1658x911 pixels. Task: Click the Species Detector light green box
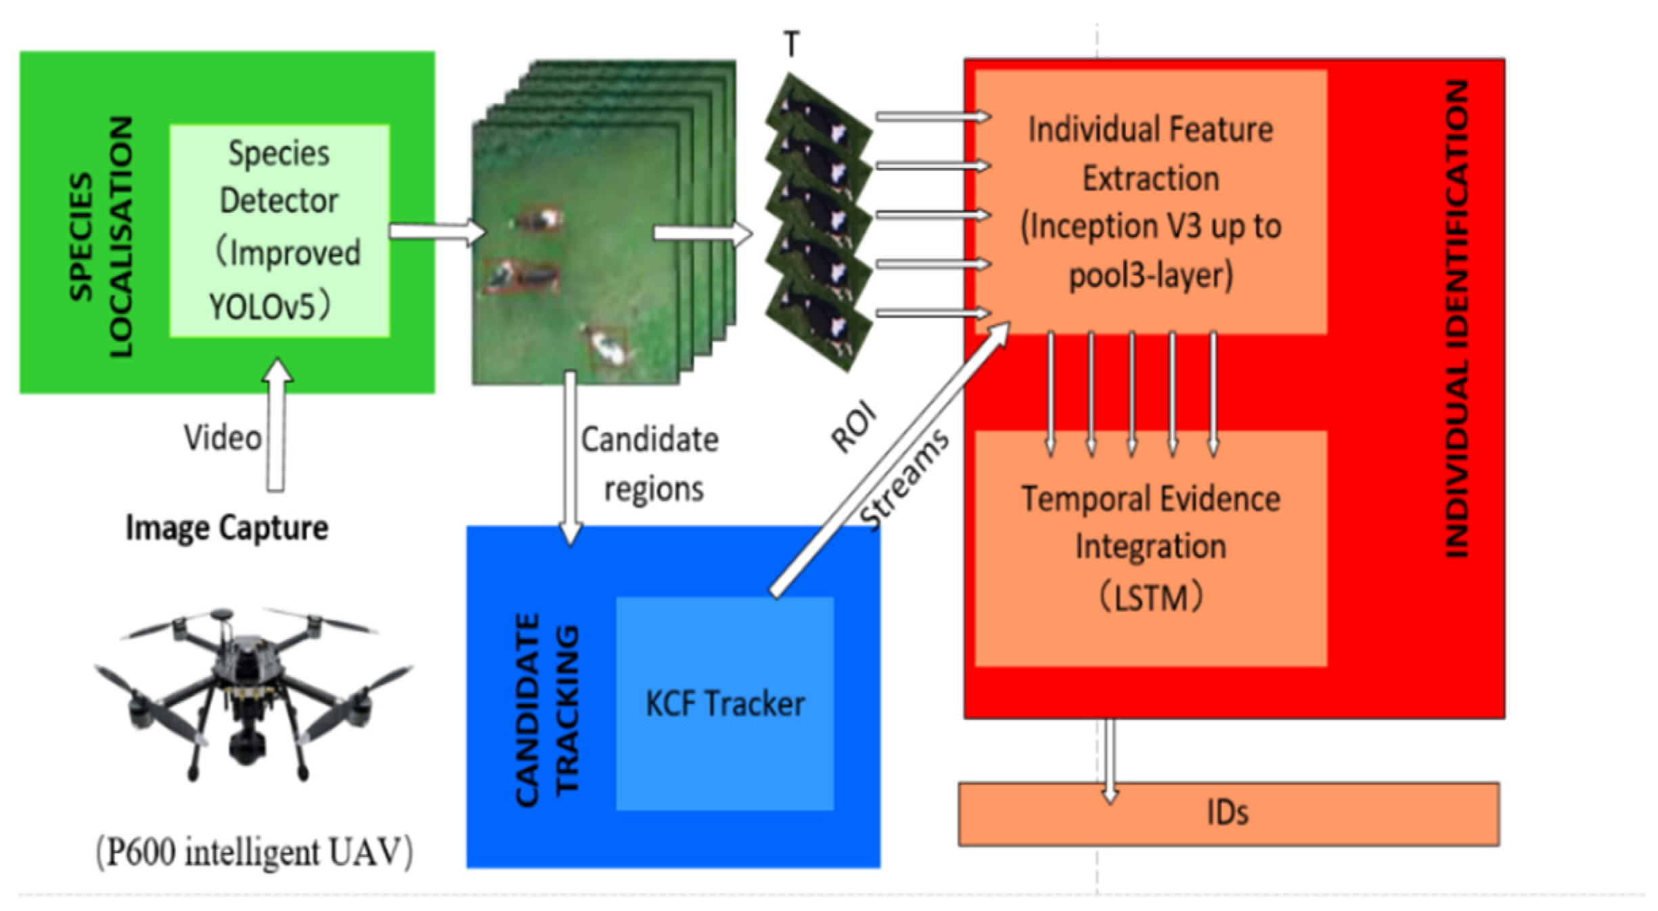(279, 230)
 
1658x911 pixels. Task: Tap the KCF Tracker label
(725, 704)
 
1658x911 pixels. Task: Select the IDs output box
(1228, 813)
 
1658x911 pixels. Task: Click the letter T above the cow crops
(791, 45)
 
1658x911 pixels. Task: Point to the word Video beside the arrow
(223, 438)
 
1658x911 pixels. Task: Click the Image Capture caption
(227, 527)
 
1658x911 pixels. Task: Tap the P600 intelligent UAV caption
(254, 852)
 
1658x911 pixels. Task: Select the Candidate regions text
(650, 464)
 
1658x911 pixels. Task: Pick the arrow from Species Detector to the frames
(436, 231)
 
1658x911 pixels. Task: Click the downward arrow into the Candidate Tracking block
(570, 460)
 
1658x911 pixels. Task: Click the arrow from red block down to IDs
(1109, 758)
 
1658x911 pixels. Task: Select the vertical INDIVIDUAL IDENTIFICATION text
(1456, 318)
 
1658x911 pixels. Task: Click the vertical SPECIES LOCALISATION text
(102, 237)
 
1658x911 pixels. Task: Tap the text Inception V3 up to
(1150, 227)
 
